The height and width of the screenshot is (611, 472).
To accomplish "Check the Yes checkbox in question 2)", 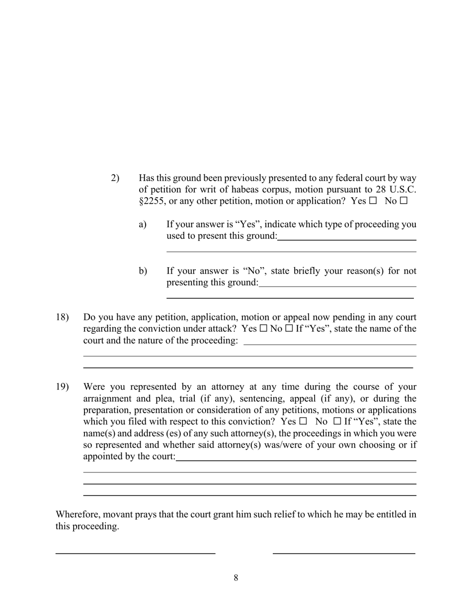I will (373, 201).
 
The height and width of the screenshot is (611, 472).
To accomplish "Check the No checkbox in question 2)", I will (403, 201).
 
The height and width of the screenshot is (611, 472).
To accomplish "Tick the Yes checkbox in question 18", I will (263, 329).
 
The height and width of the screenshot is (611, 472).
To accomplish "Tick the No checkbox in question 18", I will (289, 329).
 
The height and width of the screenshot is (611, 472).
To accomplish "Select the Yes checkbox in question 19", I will (303, 421).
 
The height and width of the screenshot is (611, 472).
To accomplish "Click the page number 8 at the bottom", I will (236, 578).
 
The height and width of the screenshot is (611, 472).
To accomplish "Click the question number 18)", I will (62, 317).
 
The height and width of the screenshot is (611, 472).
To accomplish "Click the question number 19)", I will (62, 386).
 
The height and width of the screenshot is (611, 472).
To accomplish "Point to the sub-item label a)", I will (143, 224).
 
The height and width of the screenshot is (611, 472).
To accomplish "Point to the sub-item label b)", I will (143, 271).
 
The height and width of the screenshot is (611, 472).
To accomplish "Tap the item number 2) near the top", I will (115, 178).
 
